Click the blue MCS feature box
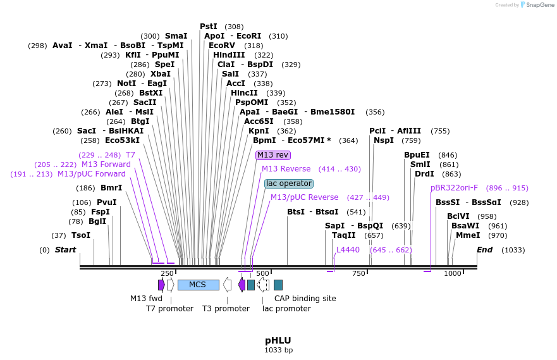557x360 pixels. [x=197, y=285]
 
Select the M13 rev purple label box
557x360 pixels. [x=273, y=155]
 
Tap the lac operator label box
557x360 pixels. [x=288, y=183]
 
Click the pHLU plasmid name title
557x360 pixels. [x=278, y=340]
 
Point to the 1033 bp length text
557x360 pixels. [x=278, y=350]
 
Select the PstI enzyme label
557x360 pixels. [x=209, y=27]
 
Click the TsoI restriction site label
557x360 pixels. [x=81, y=235]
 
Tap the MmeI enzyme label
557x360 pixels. [x=467, y=235]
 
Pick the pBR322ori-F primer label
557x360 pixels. [x=454, y=188]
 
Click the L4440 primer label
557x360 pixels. [x=348, y=250]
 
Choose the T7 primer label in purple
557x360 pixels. [x=130, y=155]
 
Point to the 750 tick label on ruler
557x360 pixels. [x=358, y=273]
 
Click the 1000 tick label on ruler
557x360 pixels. [x=453, y=273]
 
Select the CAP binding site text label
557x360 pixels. [x=305, y=299]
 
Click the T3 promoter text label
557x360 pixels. [x=226, y=309]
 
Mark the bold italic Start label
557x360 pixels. [x=65, y=250]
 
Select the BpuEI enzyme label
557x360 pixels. [x=417, y=155]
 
